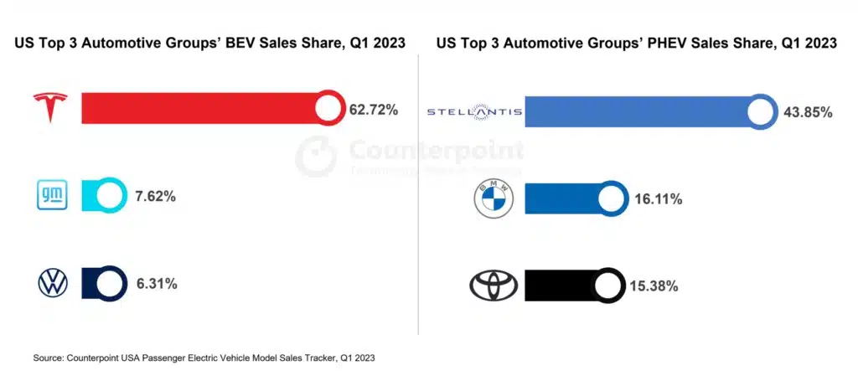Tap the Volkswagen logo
pos(53,284)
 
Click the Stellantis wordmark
pos(474,111)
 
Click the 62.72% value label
pos(375,110)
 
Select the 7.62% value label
pos(158,197)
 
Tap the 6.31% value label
pos(158,284)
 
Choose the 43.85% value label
pos(808,112)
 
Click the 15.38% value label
pos(653,286)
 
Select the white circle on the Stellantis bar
pos(762,112)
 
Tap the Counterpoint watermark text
pos(435,151)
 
